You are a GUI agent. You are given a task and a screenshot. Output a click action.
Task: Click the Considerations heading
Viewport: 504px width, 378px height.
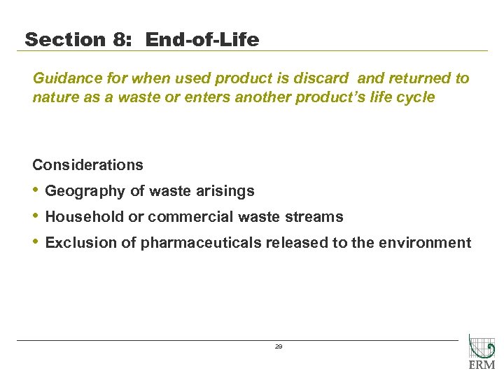pyautogui.click(x=87, y=165)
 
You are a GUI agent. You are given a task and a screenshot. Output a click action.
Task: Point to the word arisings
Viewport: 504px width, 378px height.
pyautogui.click(x=225, y=191)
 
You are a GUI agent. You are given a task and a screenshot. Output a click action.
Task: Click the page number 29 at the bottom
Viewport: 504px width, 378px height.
pyautogui.click(x=279, y=346)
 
